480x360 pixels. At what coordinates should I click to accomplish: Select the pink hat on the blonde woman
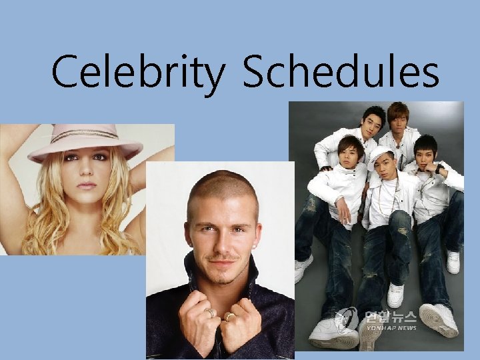coord(85,141)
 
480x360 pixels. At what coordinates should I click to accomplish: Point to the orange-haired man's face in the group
coord(399,120)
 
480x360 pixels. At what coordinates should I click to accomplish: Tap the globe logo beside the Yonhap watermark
coord(347,319)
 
